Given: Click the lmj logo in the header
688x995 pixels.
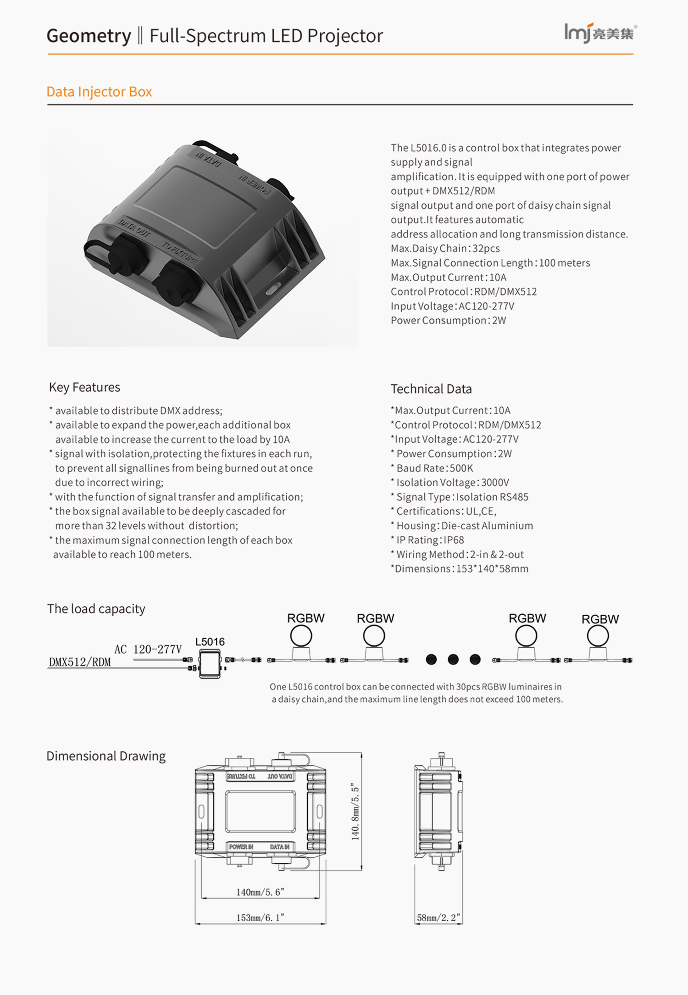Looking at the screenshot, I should pyautogui.click(x=600, y=33).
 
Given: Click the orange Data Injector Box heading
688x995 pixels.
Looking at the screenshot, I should pyautogui.click(x=99, y=92).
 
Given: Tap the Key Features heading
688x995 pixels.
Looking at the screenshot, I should pyautogui.click(x=84, y=388).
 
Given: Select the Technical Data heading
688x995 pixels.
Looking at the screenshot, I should pyautogui.click(x=431, y=389).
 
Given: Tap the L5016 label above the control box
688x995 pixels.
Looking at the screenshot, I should pyautogui.click(x=210, y=642).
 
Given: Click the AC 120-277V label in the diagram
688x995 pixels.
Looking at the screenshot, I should pyautogui.click(x=148, y=650).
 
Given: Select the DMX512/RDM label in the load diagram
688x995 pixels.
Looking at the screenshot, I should pyautogui.click(x=80, y=662).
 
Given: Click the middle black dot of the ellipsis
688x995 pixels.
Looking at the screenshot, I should pyautogui.click(x=453, y=660).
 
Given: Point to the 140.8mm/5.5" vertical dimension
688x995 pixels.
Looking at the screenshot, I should pyautogui.click(x=355, y=812).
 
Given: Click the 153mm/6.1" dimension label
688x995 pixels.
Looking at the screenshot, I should pyautogui.click(x=260, y=918).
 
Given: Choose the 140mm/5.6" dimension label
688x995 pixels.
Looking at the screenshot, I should pyautogui.click(x=260, y=892).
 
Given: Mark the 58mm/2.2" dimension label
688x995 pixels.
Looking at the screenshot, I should pyautogui.click(x=438, y=918).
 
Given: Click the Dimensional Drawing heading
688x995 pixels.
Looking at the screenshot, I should pyautogui.click(x=106, y=756).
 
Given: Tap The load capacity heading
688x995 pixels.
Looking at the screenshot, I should pyautogui.click(x=96, y=609).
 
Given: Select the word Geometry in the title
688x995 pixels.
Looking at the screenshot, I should pyautogui.click(x=89, y=36).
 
